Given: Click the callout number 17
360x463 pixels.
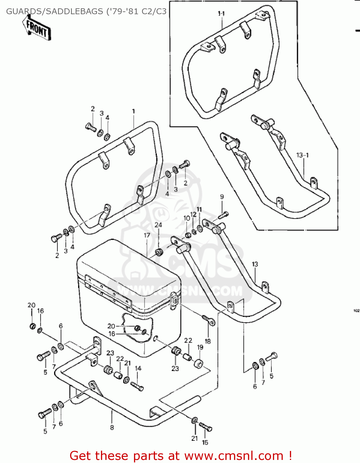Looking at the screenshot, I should pyautogui.click(x=147, y=235).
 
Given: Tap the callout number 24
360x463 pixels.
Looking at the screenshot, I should pyautogui.click(x=158, y=225).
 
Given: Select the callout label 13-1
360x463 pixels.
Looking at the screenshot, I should pyautogui.click(x=302, y=155).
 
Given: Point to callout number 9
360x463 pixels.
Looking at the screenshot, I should pyautogui.click(x=222, y=197).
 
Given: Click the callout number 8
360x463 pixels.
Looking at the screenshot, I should pyautogui.click(x=112, y=428).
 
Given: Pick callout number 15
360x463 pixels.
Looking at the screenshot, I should pyautogui.click(x=205, y=442).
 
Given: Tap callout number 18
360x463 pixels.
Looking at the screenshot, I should pyautogui.click(x=208, y=341).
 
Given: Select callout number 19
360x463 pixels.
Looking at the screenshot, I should pyautogui.click(x=200, y=347).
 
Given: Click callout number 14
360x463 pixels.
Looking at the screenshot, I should pyautogui.click(x=138, y=368).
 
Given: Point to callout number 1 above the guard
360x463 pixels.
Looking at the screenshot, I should pyautogui.click(x=133, y=111).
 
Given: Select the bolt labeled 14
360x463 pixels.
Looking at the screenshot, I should pyautogui.click(x=137, y=386).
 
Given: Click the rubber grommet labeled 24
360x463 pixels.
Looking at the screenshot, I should pyautogui.click(x=159, y=252).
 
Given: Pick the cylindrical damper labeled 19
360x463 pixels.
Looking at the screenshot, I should pyautogui.click(x=198, y=364).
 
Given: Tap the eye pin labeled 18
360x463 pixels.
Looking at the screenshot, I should pyautogui.click(x=209, y=320).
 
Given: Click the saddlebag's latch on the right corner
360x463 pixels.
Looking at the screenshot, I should pyautogui.click(x=174, y=299).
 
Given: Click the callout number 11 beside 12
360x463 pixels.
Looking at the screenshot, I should pyautogui.click(x=199, y=210).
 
